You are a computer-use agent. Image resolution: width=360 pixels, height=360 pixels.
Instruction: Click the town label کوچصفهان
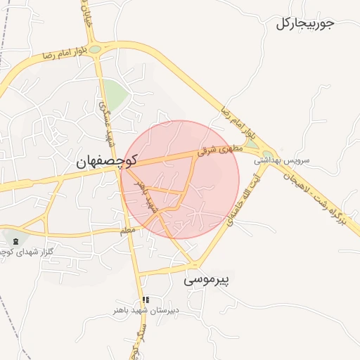click(x=106, y=162)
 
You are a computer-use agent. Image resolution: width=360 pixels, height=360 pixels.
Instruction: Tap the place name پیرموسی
click(x=207, y=280)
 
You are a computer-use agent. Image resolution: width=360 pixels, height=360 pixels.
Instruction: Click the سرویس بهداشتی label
click(x=283, y=160)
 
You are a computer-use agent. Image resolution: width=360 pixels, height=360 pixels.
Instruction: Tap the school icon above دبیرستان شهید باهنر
click(x=146, y=300)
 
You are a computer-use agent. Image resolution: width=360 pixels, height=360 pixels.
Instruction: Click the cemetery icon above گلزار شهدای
click(x=16, y=242)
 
